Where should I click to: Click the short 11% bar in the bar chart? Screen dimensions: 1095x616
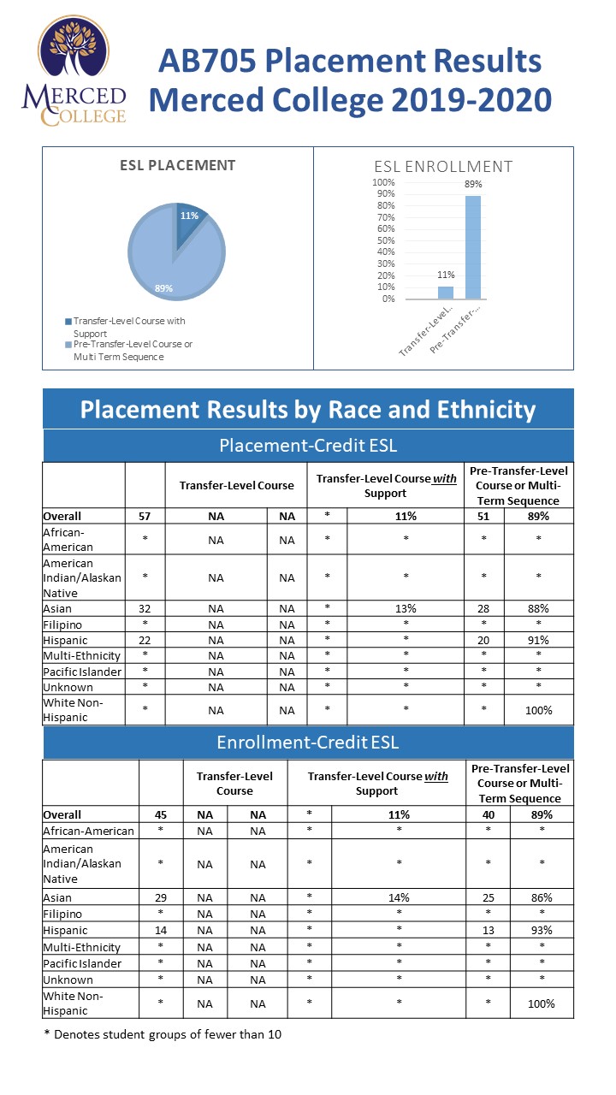[x=446, y=292]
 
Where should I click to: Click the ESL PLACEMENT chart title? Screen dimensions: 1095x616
[x=177, y=165]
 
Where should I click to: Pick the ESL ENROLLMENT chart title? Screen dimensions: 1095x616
[x=443, y=167]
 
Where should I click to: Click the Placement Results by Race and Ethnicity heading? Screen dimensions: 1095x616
[x=308, y=410]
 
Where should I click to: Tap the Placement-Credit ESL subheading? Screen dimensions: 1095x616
[x=308, y=445]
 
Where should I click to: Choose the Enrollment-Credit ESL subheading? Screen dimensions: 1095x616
[x=308, y=742]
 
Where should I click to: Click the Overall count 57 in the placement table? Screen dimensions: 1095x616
[x=145, y=516]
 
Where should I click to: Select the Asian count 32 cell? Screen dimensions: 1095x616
[x=145, y=608]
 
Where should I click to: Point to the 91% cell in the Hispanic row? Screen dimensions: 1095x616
[x=538, y=640]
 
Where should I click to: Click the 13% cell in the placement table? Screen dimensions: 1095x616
[x=406, y=608]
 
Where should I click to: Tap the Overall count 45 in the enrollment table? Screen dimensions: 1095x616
[x=161, y=814]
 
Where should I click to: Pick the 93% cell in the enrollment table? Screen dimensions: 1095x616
[x=541, y=930]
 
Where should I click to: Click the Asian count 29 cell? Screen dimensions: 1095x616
[x=161, y=897]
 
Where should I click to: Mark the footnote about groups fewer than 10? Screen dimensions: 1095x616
[x=163, y=1034]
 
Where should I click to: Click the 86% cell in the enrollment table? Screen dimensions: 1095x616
[x=541, y=897]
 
